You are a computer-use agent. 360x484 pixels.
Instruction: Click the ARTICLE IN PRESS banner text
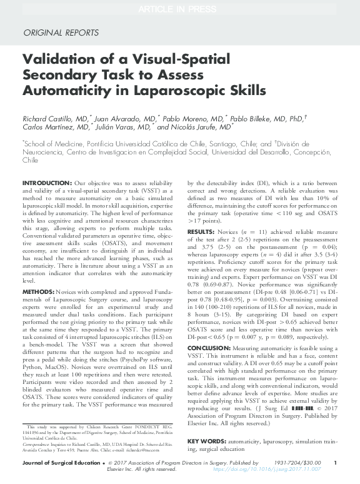click(179, 8)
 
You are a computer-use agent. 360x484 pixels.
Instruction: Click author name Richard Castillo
click(47, 118)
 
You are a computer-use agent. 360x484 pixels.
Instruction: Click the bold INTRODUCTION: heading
click(47, 183)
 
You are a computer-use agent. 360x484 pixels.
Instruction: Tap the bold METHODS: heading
click(38, 292)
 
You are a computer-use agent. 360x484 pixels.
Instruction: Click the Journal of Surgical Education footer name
click(60, 463)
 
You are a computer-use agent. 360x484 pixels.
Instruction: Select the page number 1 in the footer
click(336, 463)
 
